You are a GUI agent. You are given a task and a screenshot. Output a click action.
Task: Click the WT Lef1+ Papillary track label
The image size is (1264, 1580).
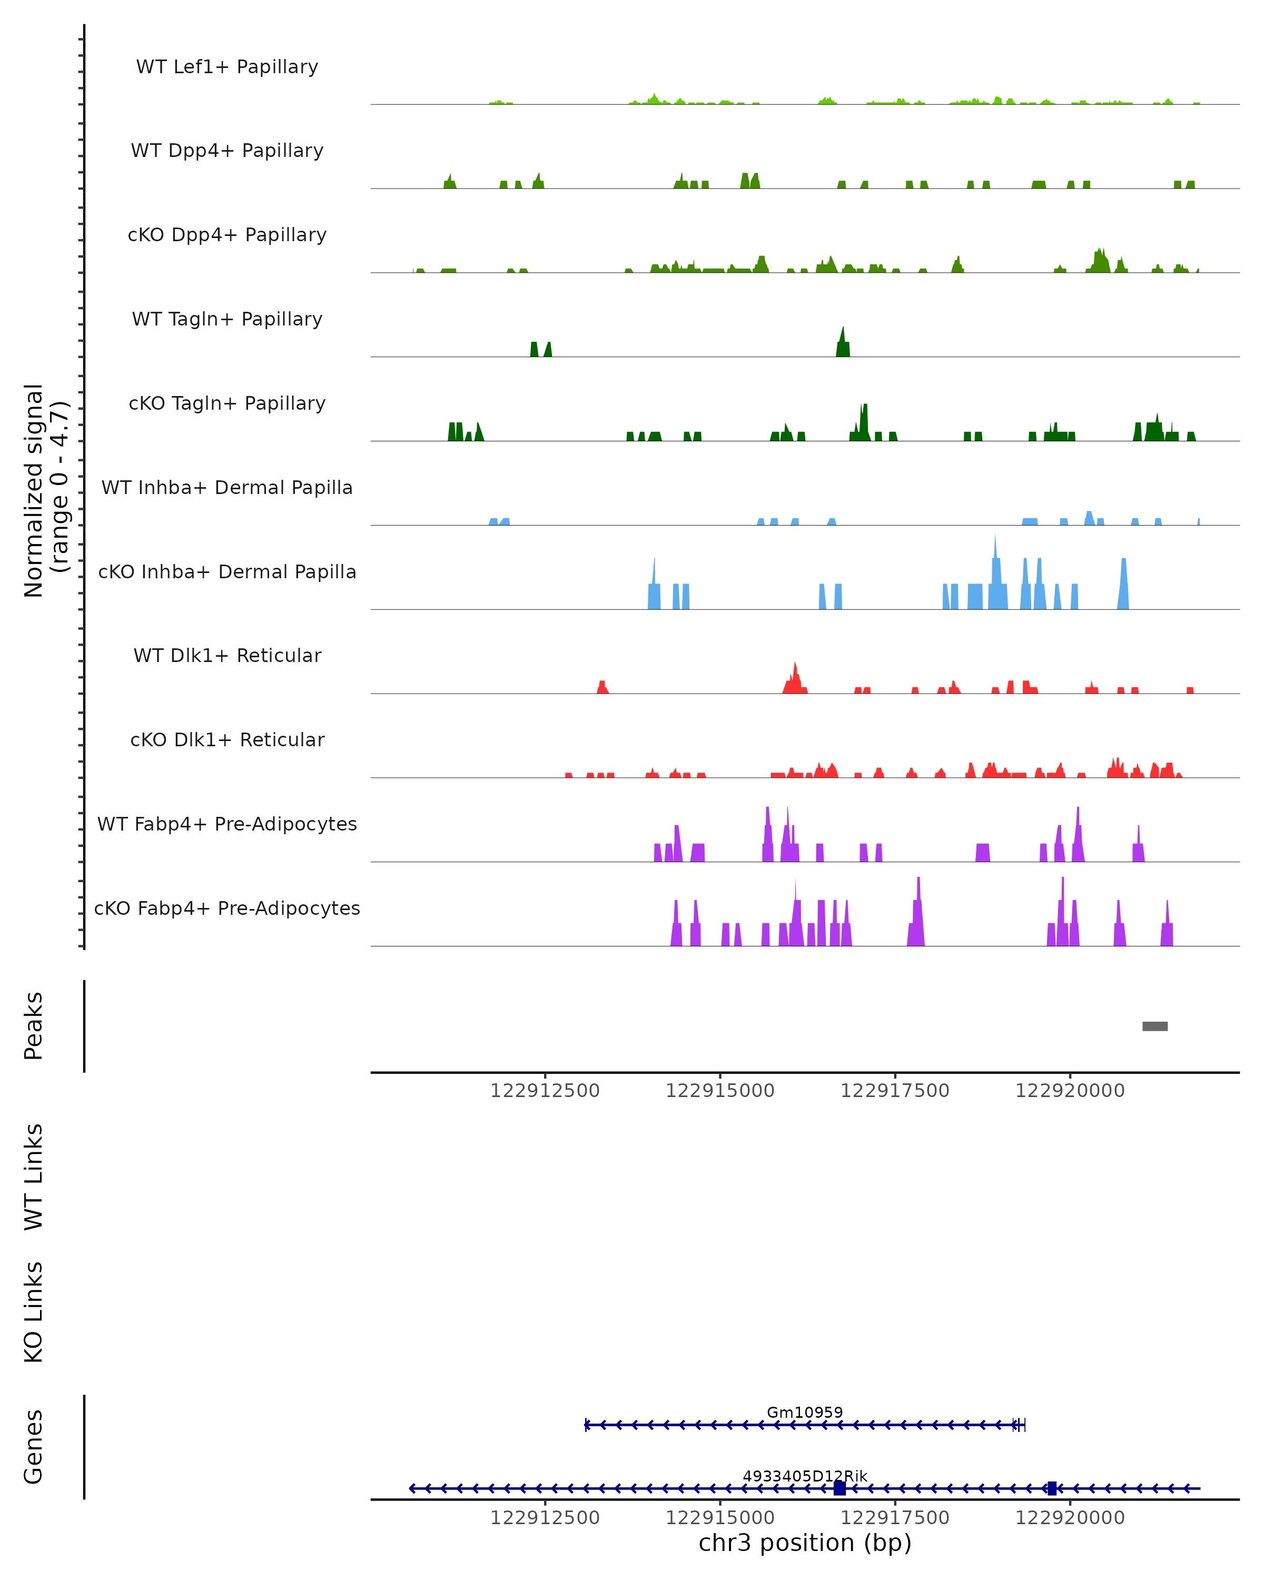227,67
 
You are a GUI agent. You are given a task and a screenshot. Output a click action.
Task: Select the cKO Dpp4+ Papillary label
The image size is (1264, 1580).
227,234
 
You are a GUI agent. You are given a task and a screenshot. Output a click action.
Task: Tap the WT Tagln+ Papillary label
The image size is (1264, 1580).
227,319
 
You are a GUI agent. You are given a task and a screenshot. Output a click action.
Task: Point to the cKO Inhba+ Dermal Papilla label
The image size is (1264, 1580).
227,571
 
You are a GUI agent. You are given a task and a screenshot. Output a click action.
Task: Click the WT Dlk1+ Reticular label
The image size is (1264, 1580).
227,655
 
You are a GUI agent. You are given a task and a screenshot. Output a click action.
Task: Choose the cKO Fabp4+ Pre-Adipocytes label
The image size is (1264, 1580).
227,908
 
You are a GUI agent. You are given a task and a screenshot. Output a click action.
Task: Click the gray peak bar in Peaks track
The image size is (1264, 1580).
1155,1026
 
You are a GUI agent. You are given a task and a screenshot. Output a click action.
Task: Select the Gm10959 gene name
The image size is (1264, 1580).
805,1412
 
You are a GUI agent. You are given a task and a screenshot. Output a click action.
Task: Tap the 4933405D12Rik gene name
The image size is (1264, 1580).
805,1476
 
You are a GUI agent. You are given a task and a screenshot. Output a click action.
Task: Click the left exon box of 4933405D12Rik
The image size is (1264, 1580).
840,1488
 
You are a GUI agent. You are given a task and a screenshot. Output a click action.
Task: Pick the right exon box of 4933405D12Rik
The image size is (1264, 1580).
1052,1488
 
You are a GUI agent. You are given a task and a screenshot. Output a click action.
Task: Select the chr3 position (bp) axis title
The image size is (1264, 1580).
805,1543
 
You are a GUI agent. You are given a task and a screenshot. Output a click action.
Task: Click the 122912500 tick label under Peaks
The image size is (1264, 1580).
545,1091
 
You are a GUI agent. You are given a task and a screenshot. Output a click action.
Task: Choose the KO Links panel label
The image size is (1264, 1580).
34,1312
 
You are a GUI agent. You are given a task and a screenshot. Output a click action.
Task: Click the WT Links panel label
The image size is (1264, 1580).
34,1176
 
